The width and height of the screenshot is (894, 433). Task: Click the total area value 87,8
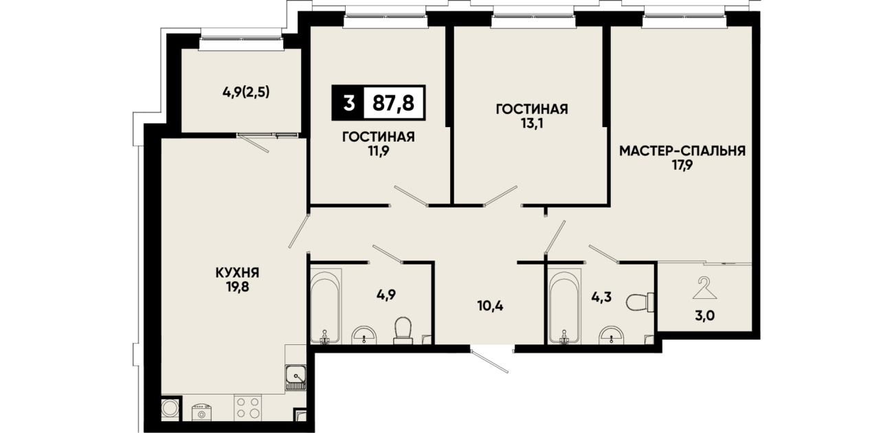(x=393, y=103)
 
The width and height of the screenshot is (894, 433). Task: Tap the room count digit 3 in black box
(x=348, y=103)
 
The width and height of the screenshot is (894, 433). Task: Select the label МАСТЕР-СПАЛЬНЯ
(x=682, y=151)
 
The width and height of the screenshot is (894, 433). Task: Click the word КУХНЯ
(x=238, y=273)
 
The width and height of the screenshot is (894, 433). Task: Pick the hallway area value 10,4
(x=490, y=306)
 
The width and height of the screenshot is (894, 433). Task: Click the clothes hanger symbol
(x=705, y=288)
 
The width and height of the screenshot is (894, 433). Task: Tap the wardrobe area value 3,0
(x=704, y=315)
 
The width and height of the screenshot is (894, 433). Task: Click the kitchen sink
(x=295, y=377)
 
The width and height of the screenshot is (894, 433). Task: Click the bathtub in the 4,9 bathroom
(x=326, y=306)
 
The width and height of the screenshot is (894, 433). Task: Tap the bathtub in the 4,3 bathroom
(x=563, y=306)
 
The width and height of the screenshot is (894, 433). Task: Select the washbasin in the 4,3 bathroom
(x=612, y=335)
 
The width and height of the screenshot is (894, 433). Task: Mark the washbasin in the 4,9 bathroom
(x=364, y=335)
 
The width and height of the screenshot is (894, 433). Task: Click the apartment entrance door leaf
(x=490, y=361)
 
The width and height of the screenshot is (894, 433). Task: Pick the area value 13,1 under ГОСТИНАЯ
(x=532, y=123)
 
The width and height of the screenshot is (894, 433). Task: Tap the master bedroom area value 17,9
(x=682, y=165)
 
